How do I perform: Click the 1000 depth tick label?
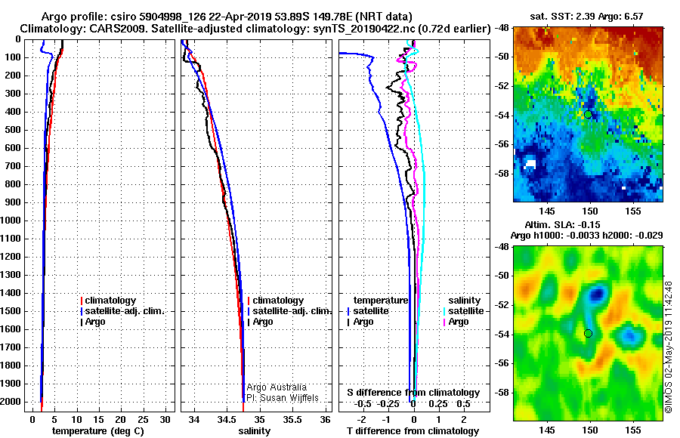pos(12,221)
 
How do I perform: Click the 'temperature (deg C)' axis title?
pos(97,431)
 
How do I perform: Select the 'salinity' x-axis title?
pos(254,431)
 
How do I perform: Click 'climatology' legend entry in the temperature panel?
pos(110,301)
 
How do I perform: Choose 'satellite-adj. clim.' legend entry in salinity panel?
pos(291,311)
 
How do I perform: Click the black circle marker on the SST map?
pos(589,114)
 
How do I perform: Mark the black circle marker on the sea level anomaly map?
pos(589,333)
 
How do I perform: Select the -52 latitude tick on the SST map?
pos(502,85)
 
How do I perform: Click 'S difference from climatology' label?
pos(413,393)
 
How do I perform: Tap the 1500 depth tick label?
pos(12,311)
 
